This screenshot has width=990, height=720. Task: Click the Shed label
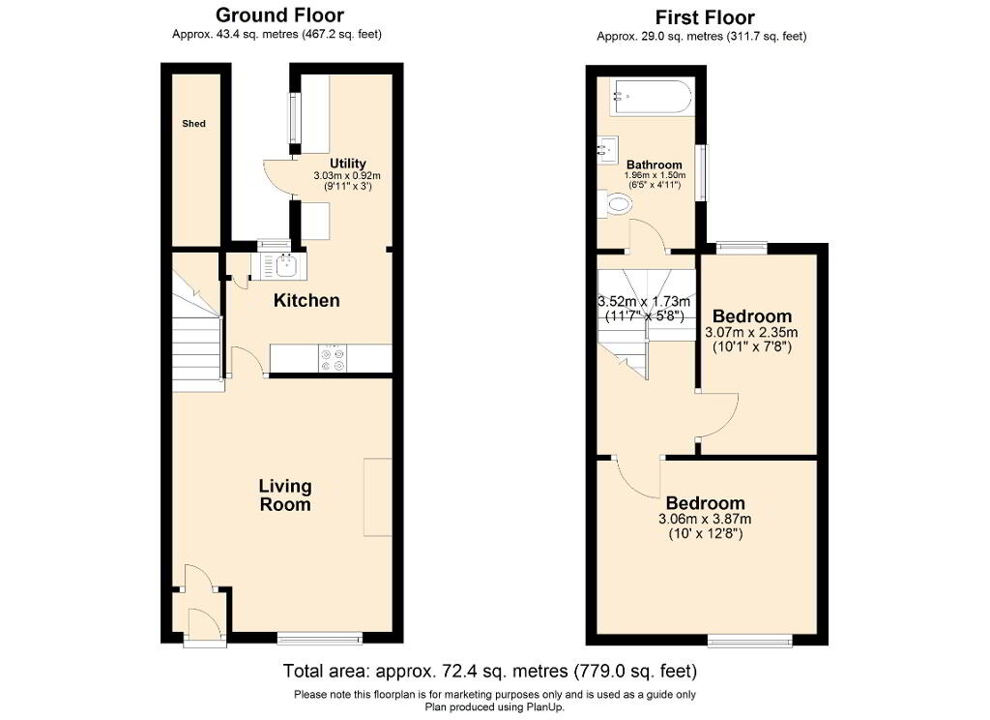(x=194, y=124)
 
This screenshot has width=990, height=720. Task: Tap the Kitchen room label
(x=306, y=301)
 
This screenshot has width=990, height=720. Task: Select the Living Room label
(x=284, y=495)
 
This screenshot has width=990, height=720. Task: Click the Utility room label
(x=347, y=163)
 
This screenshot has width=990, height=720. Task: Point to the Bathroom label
(x=655, y=165)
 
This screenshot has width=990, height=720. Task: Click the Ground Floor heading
(x=279, y=15)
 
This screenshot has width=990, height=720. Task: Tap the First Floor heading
(x=705, y=17)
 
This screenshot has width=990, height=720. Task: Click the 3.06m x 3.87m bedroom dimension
(x=705, y=520)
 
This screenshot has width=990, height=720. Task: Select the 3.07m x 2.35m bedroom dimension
(x=752, y=332)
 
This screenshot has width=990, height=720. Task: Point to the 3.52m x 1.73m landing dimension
(x=645, y=301)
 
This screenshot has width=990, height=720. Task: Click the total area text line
(x=489, y=671)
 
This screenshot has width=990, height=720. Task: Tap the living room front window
(x=319, y=638)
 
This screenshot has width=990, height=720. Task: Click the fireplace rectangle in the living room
(x=378, y=497)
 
